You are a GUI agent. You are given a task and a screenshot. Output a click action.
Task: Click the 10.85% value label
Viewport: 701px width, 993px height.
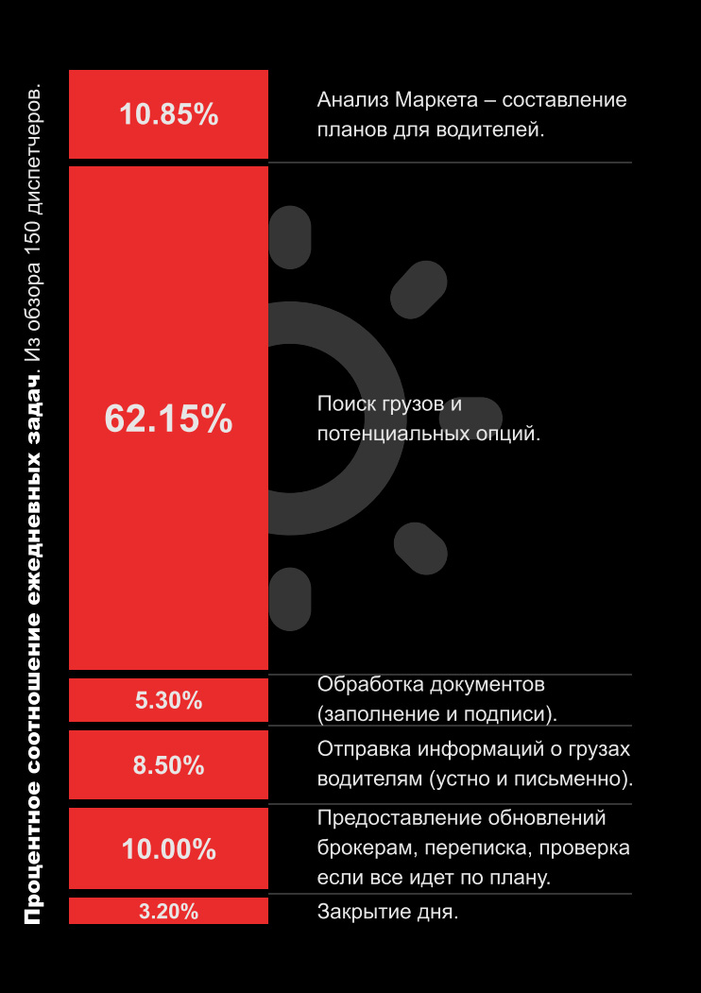(x=168, y=114)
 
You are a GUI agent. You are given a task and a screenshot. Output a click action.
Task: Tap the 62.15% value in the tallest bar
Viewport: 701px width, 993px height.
(x=168, y=419)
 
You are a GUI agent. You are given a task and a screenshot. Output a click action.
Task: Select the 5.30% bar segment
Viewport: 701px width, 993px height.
(x=168, y=700)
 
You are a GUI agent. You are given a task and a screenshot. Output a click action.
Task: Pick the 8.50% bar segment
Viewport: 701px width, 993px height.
(x=168, y=765)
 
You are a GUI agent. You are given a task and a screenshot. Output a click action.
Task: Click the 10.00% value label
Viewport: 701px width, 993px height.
(x=168, y=848)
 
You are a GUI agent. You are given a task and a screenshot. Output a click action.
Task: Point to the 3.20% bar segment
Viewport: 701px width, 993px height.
(x=168, y=912)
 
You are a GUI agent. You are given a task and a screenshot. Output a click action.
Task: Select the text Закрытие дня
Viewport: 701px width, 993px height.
(x=387, y=912)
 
